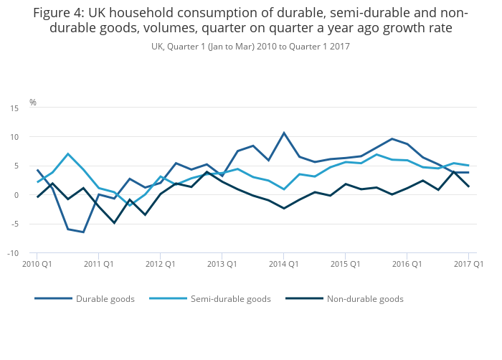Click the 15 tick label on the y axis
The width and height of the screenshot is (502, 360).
(14, 108)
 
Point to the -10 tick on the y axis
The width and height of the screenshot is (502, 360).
(13, 253)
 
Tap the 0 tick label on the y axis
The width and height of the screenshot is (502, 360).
(16, 195)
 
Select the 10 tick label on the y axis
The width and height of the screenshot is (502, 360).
(14, 137)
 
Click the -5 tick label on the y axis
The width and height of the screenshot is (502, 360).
(14, 224)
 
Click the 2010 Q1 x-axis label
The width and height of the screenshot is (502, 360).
(38, 264)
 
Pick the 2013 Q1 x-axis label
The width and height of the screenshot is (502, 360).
(222, 264)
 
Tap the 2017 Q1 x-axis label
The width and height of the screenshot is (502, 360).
(469, 264)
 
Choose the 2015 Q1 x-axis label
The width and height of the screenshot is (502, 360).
(346, 264)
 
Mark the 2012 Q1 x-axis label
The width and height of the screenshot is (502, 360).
(161, 264)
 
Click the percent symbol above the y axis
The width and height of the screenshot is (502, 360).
(33, 103)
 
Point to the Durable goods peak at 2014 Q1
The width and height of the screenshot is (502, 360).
(284, 133)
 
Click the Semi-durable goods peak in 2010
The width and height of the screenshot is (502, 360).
(68, 153)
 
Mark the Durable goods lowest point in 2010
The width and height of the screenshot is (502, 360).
(83, 232)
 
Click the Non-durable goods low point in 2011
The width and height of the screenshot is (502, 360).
(114, 223)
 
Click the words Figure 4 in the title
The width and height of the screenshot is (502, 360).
(58, 14)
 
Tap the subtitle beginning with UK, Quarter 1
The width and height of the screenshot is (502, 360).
(250, 47)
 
